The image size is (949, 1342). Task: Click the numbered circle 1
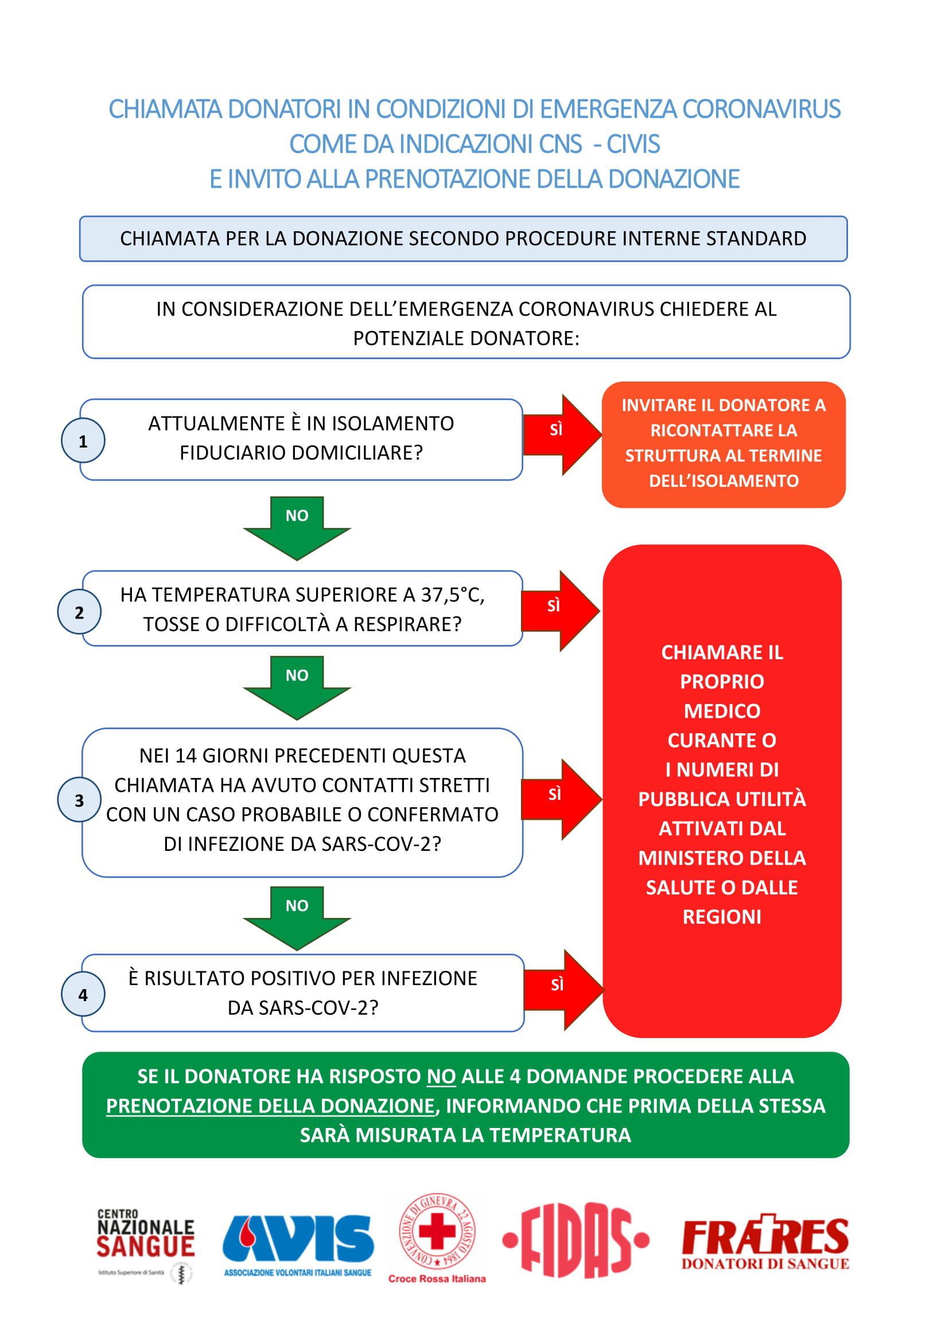click(x=83, y=441)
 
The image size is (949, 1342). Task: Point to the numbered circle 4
click(x=83, y=994)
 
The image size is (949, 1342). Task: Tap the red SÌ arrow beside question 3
click(x=562, y=799)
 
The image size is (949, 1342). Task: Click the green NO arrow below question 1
click(x=297, y=528)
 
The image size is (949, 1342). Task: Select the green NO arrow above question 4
click(x=297, y=918)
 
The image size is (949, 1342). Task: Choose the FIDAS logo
click(x=575, y=1240)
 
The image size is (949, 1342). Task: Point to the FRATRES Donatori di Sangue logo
click(x=765, y=1242)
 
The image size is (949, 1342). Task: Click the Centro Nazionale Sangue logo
click(x=146, y=1246)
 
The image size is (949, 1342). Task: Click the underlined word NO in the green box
click(x=441, y=1076)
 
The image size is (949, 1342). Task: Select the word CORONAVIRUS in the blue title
click(x=761, y=110)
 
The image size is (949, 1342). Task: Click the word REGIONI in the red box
click(x=722, y=916)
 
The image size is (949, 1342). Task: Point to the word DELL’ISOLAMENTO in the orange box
click(x=724, y=480)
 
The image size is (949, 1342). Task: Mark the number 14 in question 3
click(x=186, y=756)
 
